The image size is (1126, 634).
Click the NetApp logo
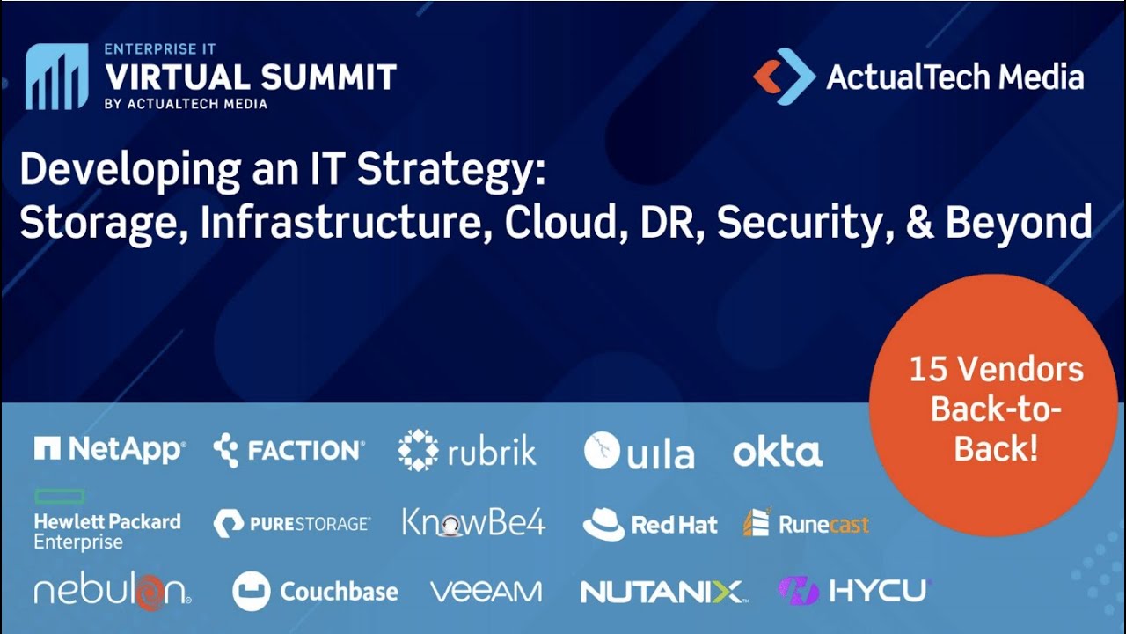[x=110, y=450]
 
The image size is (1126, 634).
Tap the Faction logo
[x=289, y=451]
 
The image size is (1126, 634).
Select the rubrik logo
[x=466, y=451]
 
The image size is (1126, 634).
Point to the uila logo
[x=639, y=452]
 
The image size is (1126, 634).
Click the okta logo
[x=778, y=452]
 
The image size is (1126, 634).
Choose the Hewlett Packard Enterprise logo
[x=106, y=521]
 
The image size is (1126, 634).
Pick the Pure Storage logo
[x=292, y=523]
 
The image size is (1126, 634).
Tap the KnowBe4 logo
[x=473, y=522]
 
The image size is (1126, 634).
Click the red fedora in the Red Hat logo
[x=603, y=524]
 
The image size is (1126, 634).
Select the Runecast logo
[x=806, y=524]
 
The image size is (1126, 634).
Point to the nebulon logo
[x=112, y=591]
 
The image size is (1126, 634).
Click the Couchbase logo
[x=315, y=591]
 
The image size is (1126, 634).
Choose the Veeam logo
[x=486, y=591]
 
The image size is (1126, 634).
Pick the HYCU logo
[x=852, y=590]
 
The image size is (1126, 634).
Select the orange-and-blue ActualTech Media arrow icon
[x=784, y=77]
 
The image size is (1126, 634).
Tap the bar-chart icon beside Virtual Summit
[x=56, y=77]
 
